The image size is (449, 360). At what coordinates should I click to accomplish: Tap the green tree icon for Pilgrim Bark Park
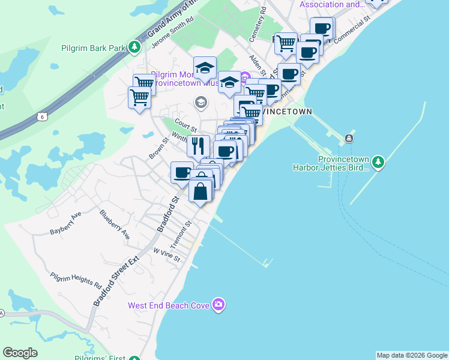pyautogui.click(x=136, y=47)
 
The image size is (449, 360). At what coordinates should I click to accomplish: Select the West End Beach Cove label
pyautogui.click(x=169, y=305)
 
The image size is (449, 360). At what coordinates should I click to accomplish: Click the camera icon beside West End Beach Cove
pyautogui.click(x=218, y=305)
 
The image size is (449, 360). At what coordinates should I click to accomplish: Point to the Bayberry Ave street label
pyautogui.click(x=65, y=222)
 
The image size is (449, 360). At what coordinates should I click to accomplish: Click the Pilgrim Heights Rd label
pyautogui.click(x=76, y=278)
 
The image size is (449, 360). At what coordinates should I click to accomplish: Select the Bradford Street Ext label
pyautogui.click(x=116, y=281)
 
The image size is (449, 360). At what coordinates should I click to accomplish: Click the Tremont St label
pyautogui.click(x=181, y=233)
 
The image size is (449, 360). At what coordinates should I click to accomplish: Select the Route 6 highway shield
pyautogui.click(x=41, y=116)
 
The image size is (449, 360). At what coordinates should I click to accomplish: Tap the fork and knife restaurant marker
pyautogui.click(x=198, y=145)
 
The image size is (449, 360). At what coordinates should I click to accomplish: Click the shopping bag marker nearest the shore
pyautogui.click(x=200, y=191)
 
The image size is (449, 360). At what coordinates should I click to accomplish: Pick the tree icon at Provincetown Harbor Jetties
pyautogui.click(x=378, y=162)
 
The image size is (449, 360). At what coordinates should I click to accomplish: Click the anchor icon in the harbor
pyautogui.click(x=349, y=139)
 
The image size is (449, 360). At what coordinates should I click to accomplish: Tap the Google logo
pyautogui.click(x=20, y=353)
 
